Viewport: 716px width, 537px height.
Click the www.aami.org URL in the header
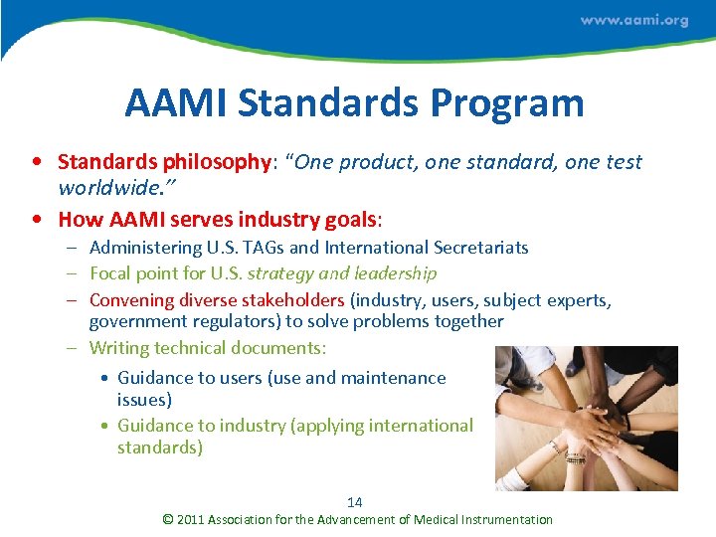(x=633, y=21)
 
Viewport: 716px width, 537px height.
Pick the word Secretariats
(x=477, y=248)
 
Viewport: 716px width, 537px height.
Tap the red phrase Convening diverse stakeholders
(x=217, y=299)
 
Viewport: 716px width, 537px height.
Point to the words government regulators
(x=183, y=321)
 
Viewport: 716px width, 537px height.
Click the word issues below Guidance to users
(x=144, y=400)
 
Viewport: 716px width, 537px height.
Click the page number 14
(x=355, y=502)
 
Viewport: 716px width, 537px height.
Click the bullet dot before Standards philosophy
(x=36, y=162)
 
